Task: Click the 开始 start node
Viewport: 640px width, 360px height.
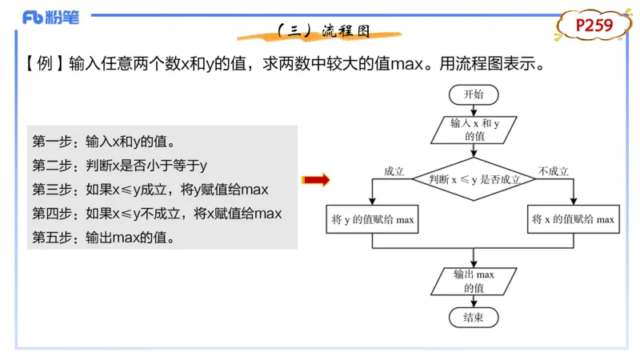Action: click(x=474, y=94)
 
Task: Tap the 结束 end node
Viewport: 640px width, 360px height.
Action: click(x=474, y=318)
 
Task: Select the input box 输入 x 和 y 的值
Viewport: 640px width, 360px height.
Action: click(x=474, y=130)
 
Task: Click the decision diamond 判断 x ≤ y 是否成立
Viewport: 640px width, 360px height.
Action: click(x=474, y=179)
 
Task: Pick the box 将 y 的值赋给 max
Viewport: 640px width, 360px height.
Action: click(x=373, y=219)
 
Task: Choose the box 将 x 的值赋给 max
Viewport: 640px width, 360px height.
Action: click(x=574, y=219)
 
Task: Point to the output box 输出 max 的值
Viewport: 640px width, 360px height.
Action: click(x=474, y=281)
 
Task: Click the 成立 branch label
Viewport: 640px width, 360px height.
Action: click(x=394, y=171)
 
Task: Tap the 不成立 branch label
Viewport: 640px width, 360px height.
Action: click(x=553, y=171)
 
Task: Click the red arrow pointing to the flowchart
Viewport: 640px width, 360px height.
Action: click(x=317, y=180)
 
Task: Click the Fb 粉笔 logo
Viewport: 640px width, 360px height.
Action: click(x=51, y=18)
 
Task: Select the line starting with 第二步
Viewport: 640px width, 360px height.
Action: click(x=120, y=166)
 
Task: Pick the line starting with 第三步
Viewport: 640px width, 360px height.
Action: click(x=150, y=190)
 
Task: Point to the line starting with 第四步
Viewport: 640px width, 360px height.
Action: click(x=157, y=214)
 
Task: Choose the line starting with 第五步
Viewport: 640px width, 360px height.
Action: click(x=103, y=238)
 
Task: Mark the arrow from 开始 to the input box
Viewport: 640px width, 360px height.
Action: click(x=474, y=110)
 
